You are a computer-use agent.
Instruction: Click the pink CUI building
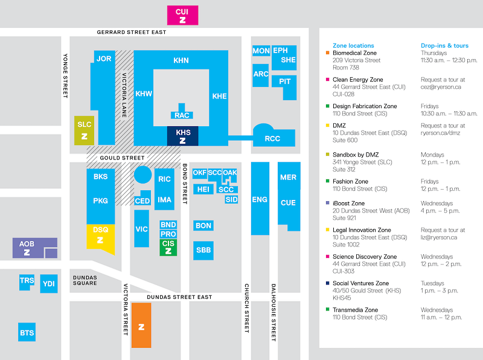183,16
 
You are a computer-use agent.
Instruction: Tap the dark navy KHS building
183,136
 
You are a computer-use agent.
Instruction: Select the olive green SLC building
84,130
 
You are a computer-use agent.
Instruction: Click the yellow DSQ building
100,237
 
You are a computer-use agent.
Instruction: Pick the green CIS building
168,248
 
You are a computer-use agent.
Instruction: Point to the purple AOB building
35,248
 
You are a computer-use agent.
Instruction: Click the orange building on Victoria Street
141,325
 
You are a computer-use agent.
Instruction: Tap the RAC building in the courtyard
182,112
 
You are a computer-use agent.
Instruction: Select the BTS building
27,332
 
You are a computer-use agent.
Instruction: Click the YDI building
49,283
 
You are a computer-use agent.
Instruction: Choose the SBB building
203,250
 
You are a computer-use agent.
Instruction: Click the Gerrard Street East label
132,32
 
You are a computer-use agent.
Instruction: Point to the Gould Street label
122,158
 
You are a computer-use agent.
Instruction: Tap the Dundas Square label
85,280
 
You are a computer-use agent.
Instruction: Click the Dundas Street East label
179,297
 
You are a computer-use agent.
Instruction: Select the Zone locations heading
353,46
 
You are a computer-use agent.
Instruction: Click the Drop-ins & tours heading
444,46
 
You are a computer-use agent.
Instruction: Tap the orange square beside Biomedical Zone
327,53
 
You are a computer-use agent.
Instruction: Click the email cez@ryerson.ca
441,87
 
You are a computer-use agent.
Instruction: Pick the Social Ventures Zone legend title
360,283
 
